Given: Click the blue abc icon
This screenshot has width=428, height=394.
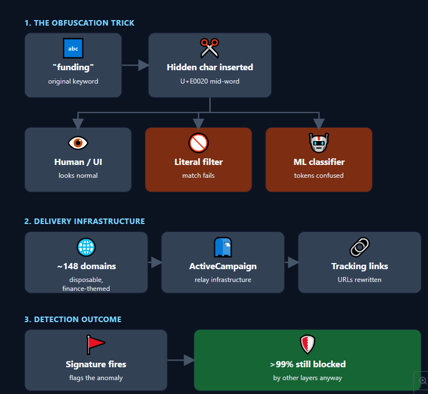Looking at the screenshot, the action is pos(73,48).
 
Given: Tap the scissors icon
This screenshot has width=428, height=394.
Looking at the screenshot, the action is pos(210,48).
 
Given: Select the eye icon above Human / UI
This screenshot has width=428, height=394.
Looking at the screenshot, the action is pos(78,143).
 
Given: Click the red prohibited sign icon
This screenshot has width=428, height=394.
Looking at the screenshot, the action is pos(199,143).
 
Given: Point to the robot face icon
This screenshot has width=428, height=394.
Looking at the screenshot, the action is pos(319,143).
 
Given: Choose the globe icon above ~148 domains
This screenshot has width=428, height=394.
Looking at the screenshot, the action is pos(86,247).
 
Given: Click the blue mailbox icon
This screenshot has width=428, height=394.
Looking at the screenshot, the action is pos(223,247).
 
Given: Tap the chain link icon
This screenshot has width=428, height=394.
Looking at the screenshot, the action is pos(360,247).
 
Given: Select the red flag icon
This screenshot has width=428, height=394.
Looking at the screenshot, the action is pos(95,344).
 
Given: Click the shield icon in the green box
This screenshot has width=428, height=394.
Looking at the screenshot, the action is pos(308,344).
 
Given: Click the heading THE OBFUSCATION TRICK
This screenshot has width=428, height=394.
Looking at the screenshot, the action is pos(84,23).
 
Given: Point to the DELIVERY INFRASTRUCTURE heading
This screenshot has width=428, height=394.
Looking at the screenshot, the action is pos(89,221).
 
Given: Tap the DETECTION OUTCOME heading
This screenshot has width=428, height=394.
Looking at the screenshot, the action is pos(77,319).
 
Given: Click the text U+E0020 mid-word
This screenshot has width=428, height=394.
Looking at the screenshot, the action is pos(210,81).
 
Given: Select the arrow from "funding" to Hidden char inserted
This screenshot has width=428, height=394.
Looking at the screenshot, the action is pos(135,65).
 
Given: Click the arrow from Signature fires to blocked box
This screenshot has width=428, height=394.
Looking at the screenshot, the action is pos(181,360).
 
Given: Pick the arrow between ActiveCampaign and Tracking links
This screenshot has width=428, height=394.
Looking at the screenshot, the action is pos(292,262).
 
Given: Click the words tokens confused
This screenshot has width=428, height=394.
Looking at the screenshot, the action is pos(319,176).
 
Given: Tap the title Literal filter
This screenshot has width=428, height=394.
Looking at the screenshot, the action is pos(199,162).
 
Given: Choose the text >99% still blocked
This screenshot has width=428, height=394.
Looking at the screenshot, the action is pos(308,364).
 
